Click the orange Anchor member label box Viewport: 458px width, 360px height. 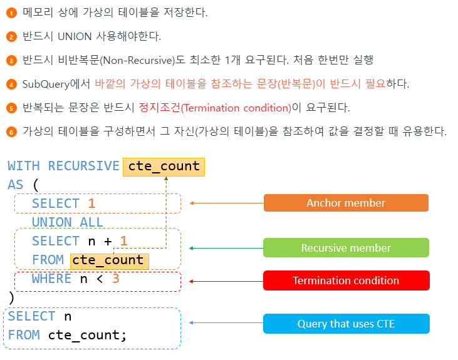(346, 203)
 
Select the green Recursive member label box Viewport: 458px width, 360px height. (346, 248)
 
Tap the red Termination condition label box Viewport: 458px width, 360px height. (346, 280)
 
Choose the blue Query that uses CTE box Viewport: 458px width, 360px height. (346, 324)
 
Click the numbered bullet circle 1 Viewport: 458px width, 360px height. (11, 13)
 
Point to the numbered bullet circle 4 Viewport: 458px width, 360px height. (11, 84)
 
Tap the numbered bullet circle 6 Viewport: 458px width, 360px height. (11, 131)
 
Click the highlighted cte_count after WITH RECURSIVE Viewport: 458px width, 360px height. (164, 166)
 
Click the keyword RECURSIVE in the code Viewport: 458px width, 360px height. (83, 166)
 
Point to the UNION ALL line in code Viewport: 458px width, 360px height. (68, 222)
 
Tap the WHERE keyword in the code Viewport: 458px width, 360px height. (51, 279)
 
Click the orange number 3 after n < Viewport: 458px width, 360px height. (115, 279)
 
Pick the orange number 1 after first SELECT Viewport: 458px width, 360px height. (91, 203)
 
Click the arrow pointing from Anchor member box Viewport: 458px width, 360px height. (226, 203)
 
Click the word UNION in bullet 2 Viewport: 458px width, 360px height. (74, 36)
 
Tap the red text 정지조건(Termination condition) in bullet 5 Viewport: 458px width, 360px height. (215, 108)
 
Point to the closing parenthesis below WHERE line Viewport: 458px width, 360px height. (11, 297)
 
